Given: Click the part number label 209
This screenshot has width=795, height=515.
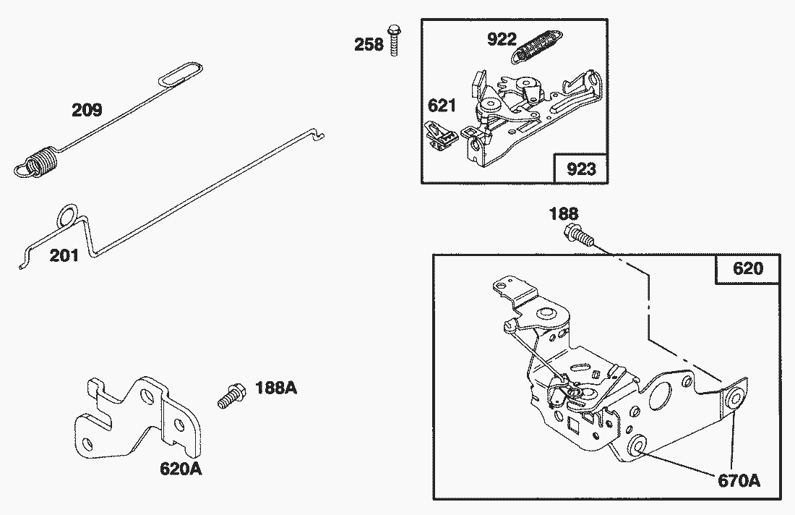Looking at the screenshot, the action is pyautogui.click(x=87, y=110).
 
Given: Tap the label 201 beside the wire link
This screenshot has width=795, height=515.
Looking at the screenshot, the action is pyautogui.click(x=64, y=255).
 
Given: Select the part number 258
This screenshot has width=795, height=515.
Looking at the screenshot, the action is pyautogui.click(x=369, y=45).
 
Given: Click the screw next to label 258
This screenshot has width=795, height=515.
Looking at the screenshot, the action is pyautogui.click(x=394, y=40).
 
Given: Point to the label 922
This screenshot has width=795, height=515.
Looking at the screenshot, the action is pyautogui.click(x=502, y=39).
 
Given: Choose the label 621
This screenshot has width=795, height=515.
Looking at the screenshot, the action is pyautogui.click(x=442, y=106).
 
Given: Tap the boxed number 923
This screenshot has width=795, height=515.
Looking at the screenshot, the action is pyautogui.click(x=581, y=169).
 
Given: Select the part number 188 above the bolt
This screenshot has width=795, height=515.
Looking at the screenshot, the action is pyautogui.click(x=564, y=213).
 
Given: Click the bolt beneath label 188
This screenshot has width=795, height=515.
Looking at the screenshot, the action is pyautogui.click(x=578, y=235).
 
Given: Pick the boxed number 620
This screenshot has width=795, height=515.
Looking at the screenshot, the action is pyautogui.click(x=748, y=268).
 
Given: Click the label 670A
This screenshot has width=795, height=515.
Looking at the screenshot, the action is pyautogui.click(x=739, y=480).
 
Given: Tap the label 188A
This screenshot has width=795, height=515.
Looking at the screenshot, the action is pyautogui.click(x=276, y=388).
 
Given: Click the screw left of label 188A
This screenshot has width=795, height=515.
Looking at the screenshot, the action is pyautogui.click(x=232, y=396).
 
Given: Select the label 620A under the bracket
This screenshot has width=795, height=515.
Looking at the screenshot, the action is pyautogui.click(x=181, y=469).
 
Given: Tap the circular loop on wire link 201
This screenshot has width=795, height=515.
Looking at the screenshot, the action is pyautogui.click(x=68, y=216).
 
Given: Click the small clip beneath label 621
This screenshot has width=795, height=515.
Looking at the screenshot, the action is pyautogui.click(x=440, y=136).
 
